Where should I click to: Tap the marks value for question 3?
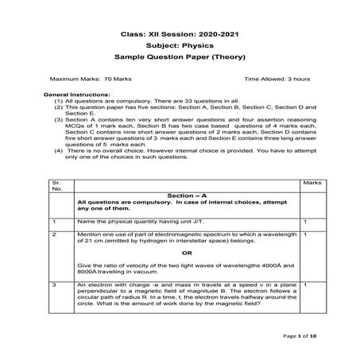(306, 284)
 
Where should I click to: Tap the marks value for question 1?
(306, 221)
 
